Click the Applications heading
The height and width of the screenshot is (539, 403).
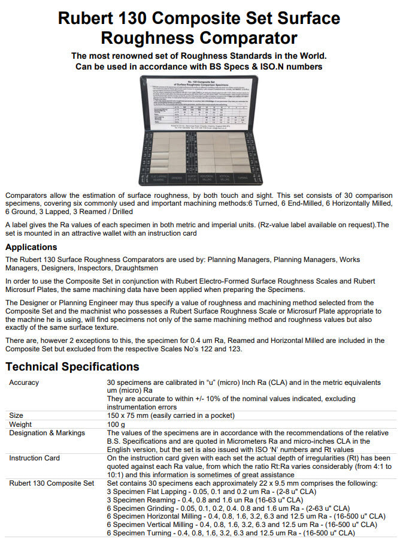point(31,247)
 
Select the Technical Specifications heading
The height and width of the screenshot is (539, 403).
point(72,366)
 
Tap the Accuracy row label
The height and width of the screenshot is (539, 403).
point(24,383)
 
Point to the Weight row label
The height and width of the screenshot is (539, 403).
point(21,424)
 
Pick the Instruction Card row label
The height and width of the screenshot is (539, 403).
point(34,458)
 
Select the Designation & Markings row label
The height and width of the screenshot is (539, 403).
point(47,433)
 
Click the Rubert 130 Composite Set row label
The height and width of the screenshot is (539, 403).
point(51,483)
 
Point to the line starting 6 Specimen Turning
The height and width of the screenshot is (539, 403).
point(230,532)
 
